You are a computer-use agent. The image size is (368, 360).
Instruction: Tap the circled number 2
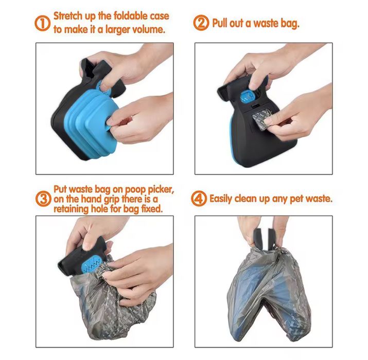point(202,23)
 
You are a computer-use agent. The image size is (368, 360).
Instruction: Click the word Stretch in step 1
point(72,16)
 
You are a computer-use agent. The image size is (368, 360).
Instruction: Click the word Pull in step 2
point(222,23)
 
